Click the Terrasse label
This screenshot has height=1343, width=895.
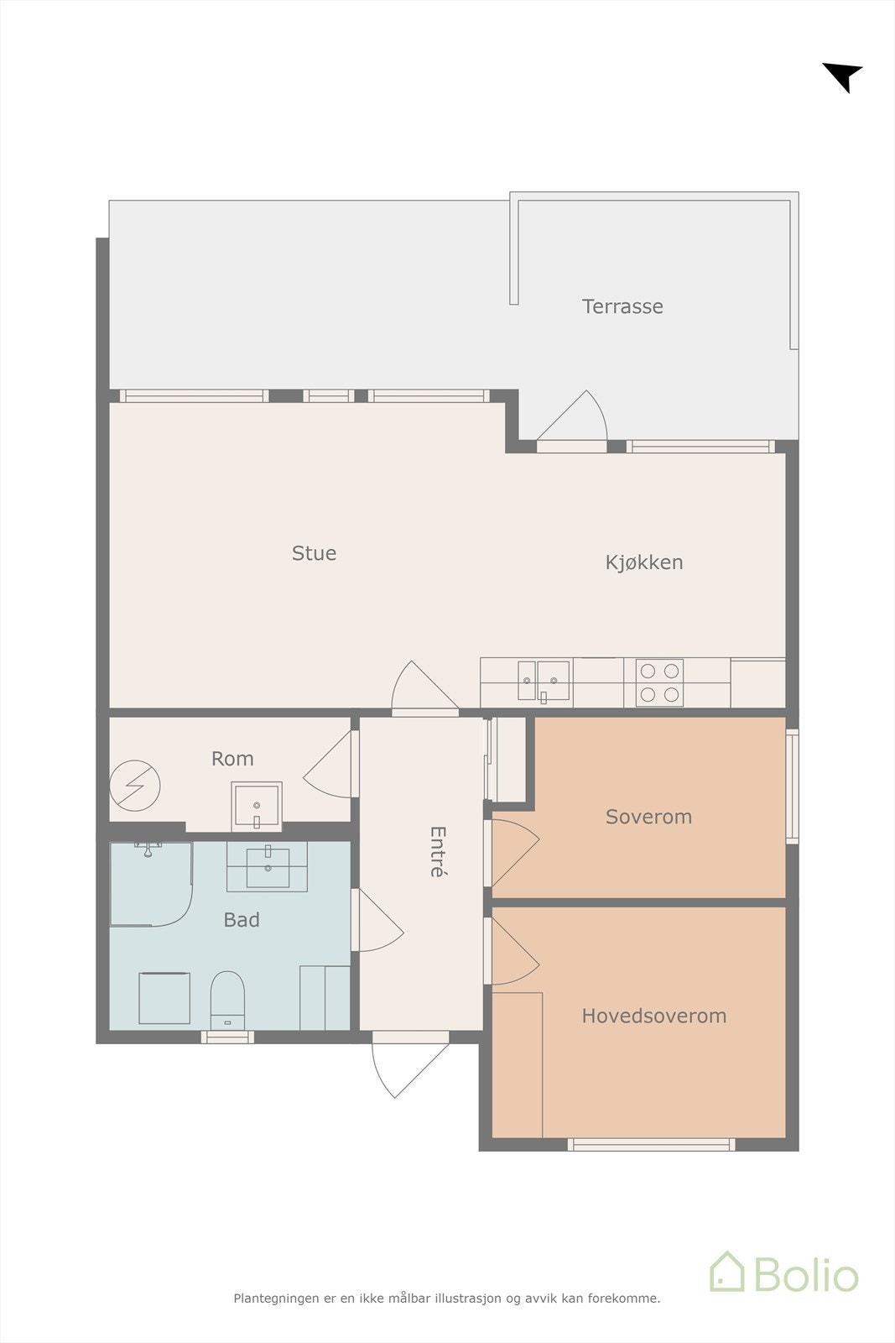[x=622, y=306]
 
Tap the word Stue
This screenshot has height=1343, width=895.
[x=314, y=553]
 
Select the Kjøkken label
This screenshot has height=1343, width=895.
[x=644, y=562]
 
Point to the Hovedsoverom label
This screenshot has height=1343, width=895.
[x=654, y=1016]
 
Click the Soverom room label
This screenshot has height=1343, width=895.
[x=648, y=817]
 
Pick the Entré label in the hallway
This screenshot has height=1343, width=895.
[x=438, y=852]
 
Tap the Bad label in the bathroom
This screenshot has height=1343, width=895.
[x=242, y=920]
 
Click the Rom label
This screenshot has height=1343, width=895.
[x=232, y=759]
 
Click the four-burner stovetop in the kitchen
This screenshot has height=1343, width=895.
[x=659, y=682]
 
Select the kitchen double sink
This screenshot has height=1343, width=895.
[x=544, y=681]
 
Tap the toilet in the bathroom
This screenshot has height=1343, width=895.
[x=227, y=1001]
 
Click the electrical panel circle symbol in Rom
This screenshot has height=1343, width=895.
[x=135, y=786]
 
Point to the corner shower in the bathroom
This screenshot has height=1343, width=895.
[x=151, y=884]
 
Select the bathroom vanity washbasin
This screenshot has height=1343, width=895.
[x=268, y=866]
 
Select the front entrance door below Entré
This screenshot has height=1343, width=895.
[x=410, y=1063]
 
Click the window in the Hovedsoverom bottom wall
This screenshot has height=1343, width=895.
[x=651, y=1145]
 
